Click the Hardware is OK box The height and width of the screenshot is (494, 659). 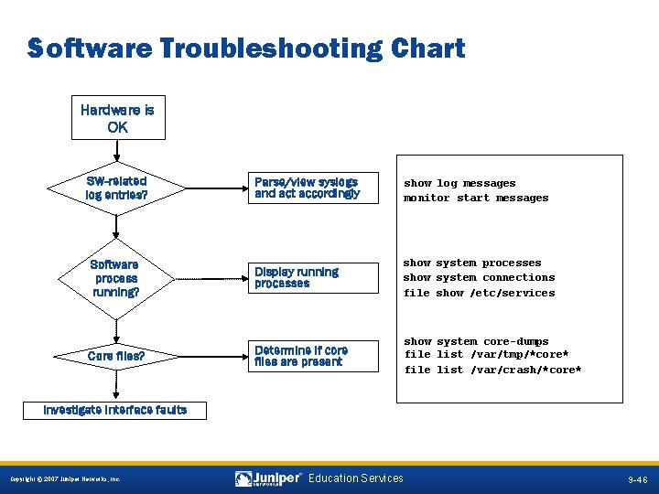point(118,119)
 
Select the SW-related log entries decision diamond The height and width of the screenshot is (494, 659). point(116,188)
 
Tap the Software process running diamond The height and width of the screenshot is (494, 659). point(116,278)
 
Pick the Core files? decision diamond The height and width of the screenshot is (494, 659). point(116,356)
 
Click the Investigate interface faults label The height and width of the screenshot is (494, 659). point(115,410)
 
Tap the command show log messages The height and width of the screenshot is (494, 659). point(459,183)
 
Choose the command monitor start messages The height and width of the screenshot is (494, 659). point(476,198)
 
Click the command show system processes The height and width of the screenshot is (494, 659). point(472,263)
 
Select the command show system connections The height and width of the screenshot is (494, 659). point(480,277)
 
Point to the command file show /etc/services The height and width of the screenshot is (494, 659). point(480,293)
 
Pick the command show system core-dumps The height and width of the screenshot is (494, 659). point(476,341)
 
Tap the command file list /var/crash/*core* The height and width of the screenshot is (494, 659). point(492,370)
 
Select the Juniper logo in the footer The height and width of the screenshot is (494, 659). point(269,478)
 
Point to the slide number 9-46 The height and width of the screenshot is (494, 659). point(637,479)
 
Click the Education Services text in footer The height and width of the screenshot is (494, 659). point(356,478)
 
